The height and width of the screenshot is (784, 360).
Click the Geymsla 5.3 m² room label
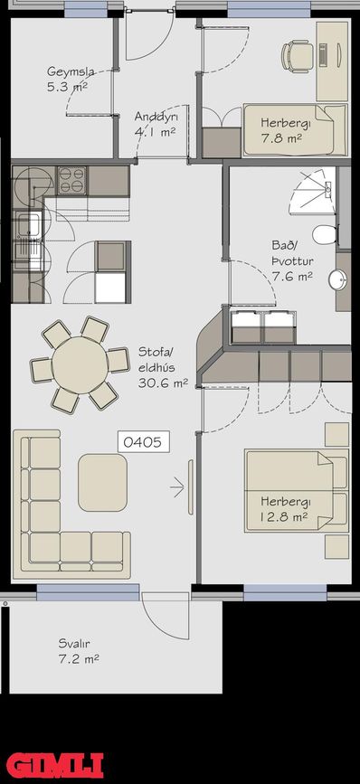(x=68, y=79)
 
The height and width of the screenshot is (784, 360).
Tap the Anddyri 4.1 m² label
(x=155, y=124)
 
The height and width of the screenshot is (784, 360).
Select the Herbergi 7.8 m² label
(x=281, y=130)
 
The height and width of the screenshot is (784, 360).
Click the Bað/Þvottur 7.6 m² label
(x=292, y=260)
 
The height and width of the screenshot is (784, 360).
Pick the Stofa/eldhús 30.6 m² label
(x=163, y=367)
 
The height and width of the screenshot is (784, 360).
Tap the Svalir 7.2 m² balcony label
(x=79, y=651)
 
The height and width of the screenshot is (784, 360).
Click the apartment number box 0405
(x=143, y=442)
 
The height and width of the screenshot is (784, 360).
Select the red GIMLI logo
(x=54, y=766)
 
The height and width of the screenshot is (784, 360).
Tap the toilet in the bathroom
(x=325, y=234)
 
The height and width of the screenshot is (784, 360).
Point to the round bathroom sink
(x=338, y=280)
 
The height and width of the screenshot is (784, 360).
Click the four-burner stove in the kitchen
(x=72, y=181)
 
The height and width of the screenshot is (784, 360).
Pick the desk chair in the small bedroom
(x=297, y=55)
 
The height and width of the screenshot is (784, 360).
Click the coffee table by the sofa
(x=102, y=483)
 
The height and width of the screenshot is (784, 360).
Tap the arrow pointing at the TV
(x=177, y=487)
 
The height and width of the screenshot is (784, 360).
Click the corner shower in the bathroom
(x=313, y=192)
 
